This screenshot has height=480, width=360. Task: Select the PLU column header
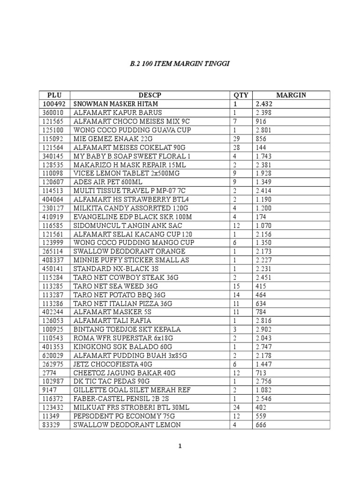(54, 95)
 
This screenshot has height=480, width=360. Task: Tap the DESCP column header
(150, 95)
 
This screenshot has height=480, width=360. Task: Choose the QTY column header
(240, 95)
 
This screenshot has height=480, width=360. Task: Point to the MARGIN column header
(291, 95)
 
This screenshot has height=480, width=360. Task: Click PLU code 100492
(54, 104)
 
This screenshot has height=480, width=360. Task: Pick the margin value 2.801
(263, 130)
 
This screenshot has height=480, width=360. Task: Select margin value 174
(261, 217)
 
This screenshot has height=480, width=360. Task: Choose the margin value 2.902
(263, 330)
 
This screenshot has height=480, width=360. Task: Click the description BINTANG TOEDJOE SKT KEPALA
(127, 330)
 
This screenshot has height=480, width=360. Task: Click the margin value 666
(261, 425)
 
